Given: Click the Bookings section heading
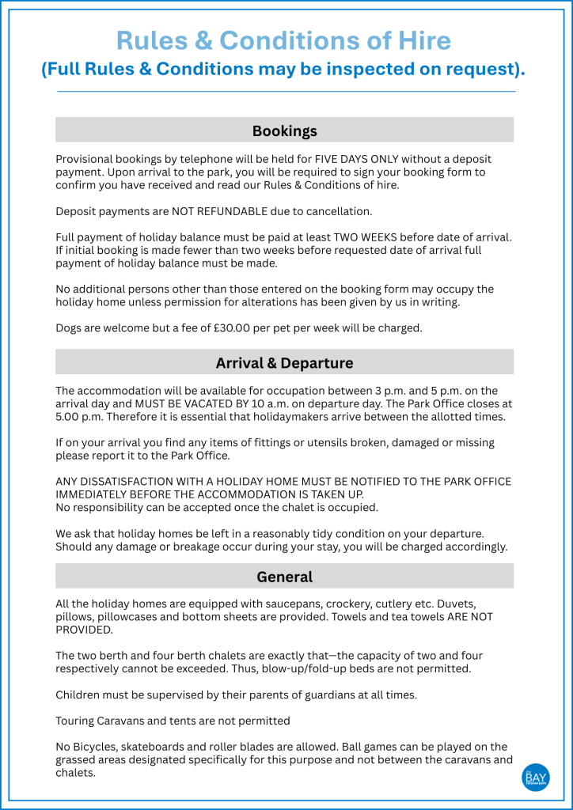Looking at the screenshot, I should point(284,131).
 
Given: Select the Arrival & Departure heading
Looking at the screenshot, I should point(284,363).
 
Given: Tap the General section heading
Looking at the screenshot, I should point(284,577).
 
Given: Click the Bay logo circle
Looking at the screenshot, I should point(536,778).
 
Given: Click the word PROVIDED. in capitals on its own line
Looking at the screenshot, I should point(84,630).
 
